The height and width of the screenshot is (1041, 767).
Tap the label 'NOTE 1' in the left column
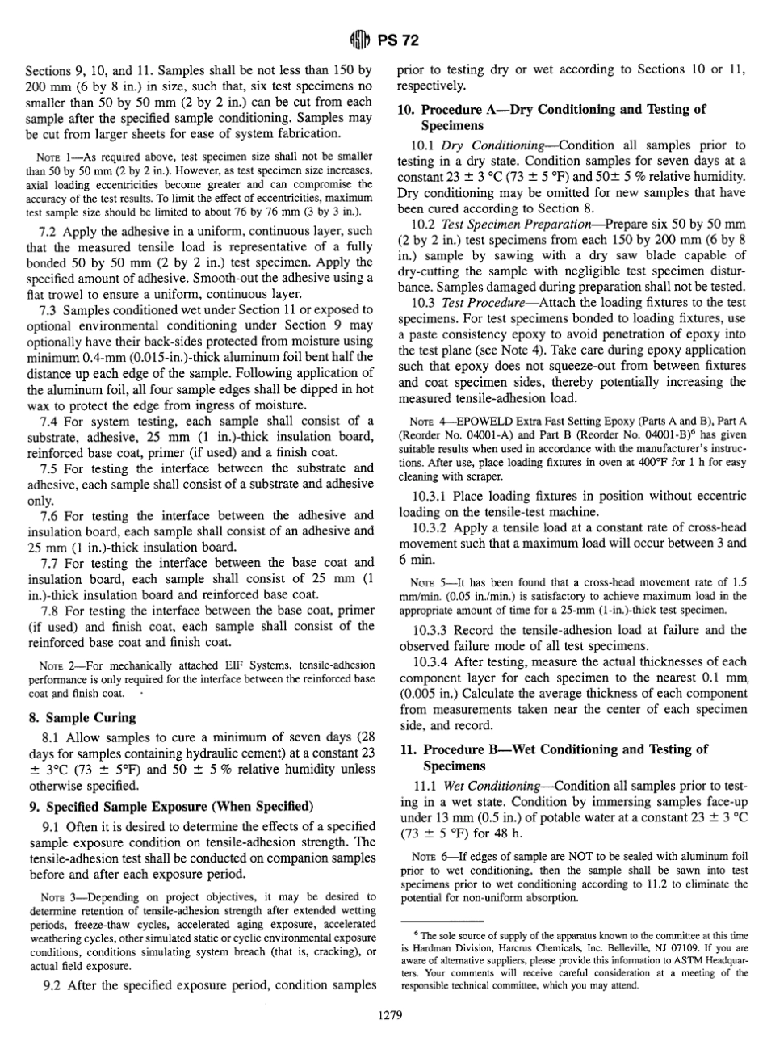(x=58, y=155)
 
